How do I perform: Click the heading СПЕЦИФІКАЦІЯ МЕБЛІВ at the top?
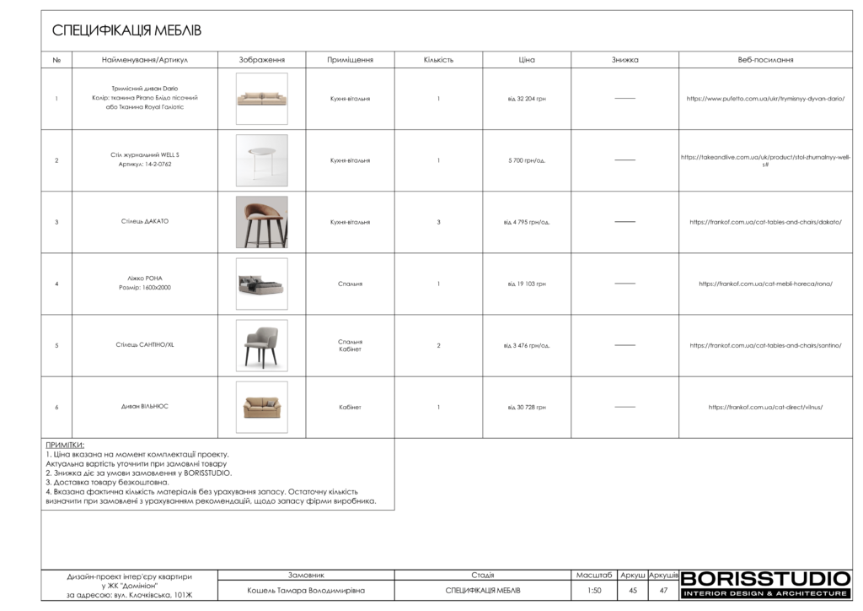(x=127, y=31)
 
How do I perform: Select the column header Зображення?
(x=261, y=60)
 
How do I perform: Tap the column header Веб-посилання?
(x=765, y=60)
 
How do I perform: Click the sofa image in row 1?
(x=261, y=99)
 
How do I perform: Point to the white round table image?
(x=261, y=160)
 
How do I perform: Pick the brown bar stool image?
(x=261, y=222)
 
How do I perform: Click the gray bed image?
(x=261, y=284)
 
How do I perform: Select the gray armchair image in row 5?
(x=261, y=345)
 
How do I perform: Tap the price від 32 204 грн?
(x=527, y=99)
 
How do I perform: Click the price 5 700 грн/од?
(x=527, y=160)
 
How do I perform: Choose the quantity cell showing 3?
(x=438, y=222)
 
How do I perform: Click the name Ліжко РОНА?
(x=141, y=278)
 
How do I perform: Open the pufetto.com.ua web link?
(x=765, y=99)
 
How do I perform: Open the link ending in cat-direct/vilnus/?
(x=765, y=407)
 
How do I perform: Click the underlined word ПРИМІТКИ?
(x=65, y=445)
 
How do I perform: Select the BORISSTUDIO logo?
(x=765, y=579)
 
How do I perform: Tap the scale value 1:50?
(x=594, y=591)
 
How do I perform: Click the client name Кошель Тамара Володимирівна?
(x=306, y=591)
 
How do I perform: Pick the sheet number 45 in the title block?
(x=633, y=591)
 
